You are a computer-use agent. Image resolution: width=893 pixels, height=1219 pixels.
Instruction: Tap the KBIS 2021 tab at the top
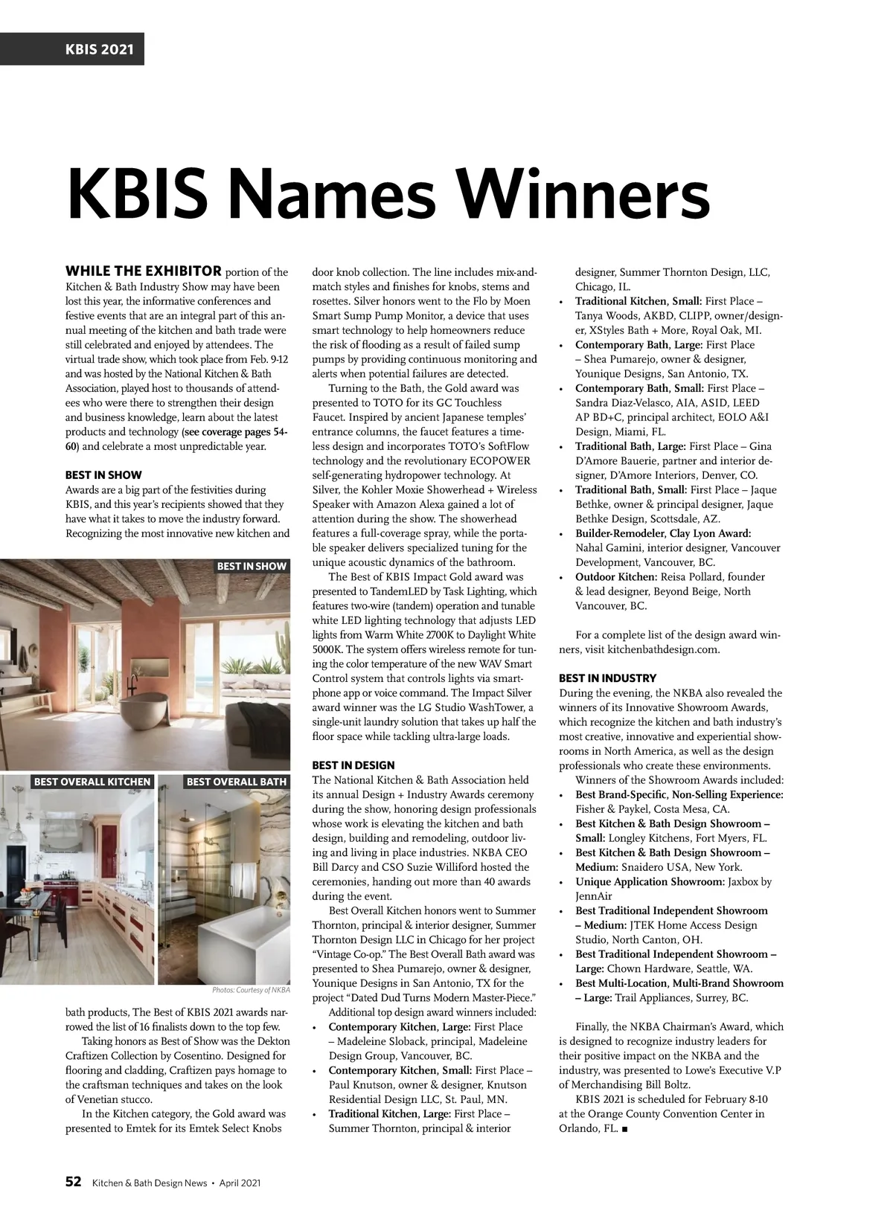click(71, 49)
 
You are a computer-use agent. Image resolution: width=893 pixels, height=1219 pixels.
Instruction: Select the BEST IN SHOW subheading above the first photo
click(103, 475)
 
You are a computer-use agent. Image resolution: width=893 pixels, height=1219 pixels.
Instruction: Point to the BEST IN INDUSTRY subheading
click(607, 678)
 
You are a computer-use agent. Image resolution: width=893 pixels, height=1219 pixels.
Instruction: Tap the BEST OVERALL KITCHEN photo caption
click(92, 782)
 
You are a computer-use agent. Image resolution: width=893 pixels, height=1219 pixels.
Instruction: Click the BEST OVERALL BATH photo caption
click(236, 782)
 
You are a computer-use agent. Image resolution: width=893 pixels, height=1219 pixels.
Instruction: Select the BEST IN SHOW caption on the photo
click(252, 566)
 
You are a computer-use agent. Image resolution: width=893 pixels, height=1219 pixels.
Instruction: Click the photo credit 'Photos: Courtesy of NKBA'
click(251, 990)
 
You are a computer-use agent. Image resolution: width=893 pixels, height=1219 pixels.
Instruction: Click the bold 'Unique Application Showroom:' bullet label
click(650, 882)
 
